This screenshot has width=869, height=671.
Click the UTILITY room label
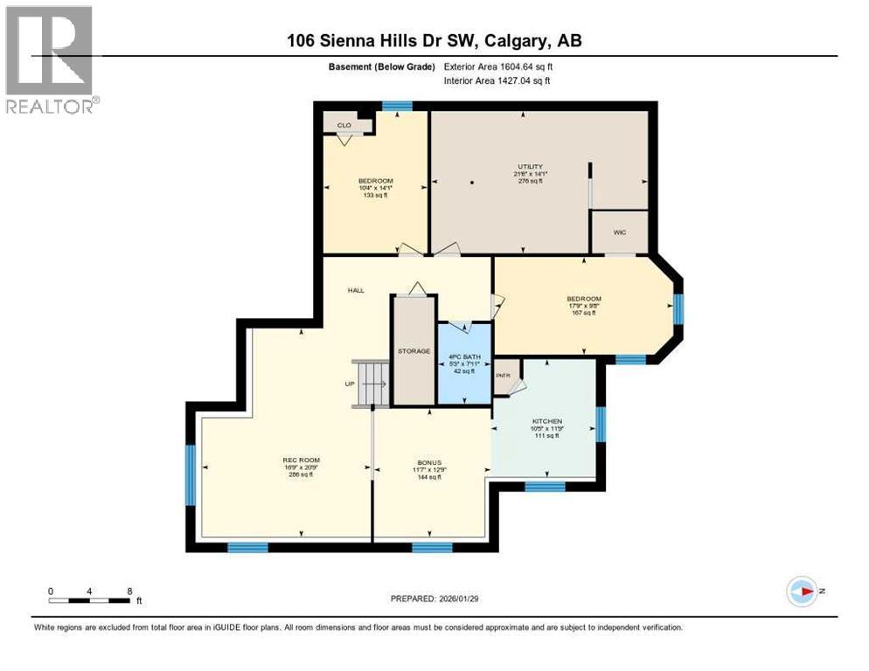(530, 167)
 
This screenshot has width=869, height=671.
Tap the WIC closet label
(620, 232)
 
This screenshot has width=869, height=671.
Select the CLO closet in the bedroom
(344, 125)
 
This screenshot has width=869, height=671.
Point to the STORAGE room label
(414, 351)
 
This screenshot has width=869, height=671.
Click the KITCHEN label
(547, 421)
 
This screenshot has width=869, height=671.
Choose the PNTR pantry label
(502, 376)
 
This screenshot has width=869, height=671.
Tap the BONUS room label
(428, 462)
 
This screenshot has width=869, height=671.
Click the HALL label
(355, 291)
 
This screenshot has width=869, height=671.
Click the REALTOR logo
(51, 60)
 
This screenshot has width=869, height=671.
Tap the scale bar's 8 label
(129, 591)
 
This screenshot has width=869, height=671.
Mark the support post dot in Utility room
(471, 183)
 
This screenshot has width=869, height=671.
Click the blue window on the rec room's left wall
(190, 475)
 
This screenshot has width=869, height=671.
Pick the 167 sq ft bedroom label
(584, 313)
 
